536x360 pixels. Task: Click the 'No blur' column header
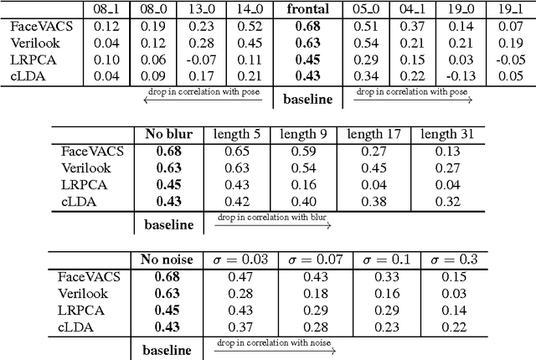164,135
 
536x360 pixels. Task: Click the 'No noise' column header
164,260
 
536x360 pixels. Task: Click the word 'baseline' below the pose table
307,99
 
